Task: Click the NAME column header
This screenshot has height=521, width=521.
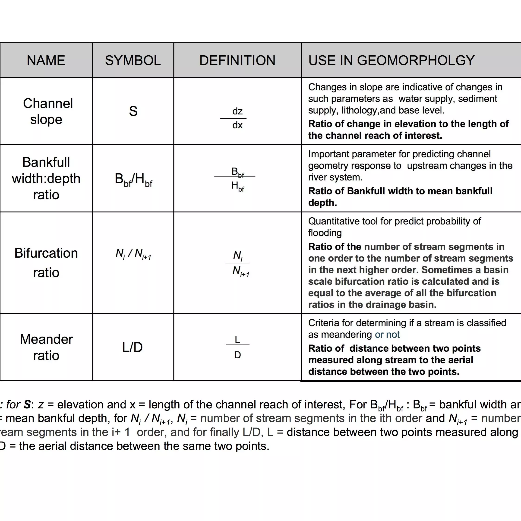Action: pyautogui.click(x=46, y=60)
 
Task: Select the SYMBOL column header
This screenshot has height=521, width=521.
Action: pyautogui.click(x=133, y=60)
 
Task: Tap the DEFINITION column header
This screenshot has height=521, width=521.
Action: pyautogui.click(x=237, y=60)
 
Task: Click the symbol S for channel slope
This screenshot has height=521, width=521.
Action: pyautogui.click(x=133, y=111)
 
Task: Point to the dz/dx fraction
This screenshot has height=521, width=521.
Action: pyautogui.click(x=237, y=118)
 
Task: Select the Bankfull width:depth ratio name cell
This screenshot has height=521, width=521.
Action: pyautogui.click(x=46, y=178)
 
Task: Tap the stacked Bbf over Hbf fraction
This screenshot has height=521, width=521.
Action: pyautogui.click(x=237, y=179)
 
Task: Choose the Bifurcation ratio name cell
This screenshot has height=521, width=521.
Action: pyautogui.click(x=46, y=262)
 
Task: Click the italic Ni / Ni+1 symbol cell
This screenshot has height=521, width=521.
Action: pyautogui.click(x=133, y=254)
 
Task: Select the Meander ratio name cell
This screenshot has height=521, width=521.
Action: pyautogui.click(x=46, y=347)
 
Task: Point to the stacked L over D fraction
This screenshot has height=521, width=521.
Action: pyautogui.click(x=237, y=347)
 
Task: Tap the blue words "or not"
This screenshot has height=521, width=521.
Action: pyautogui.click(x=387, y=334)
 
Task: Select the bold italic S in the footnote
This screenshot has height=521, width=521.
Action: pyautogui.click(x=27, y=404)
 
